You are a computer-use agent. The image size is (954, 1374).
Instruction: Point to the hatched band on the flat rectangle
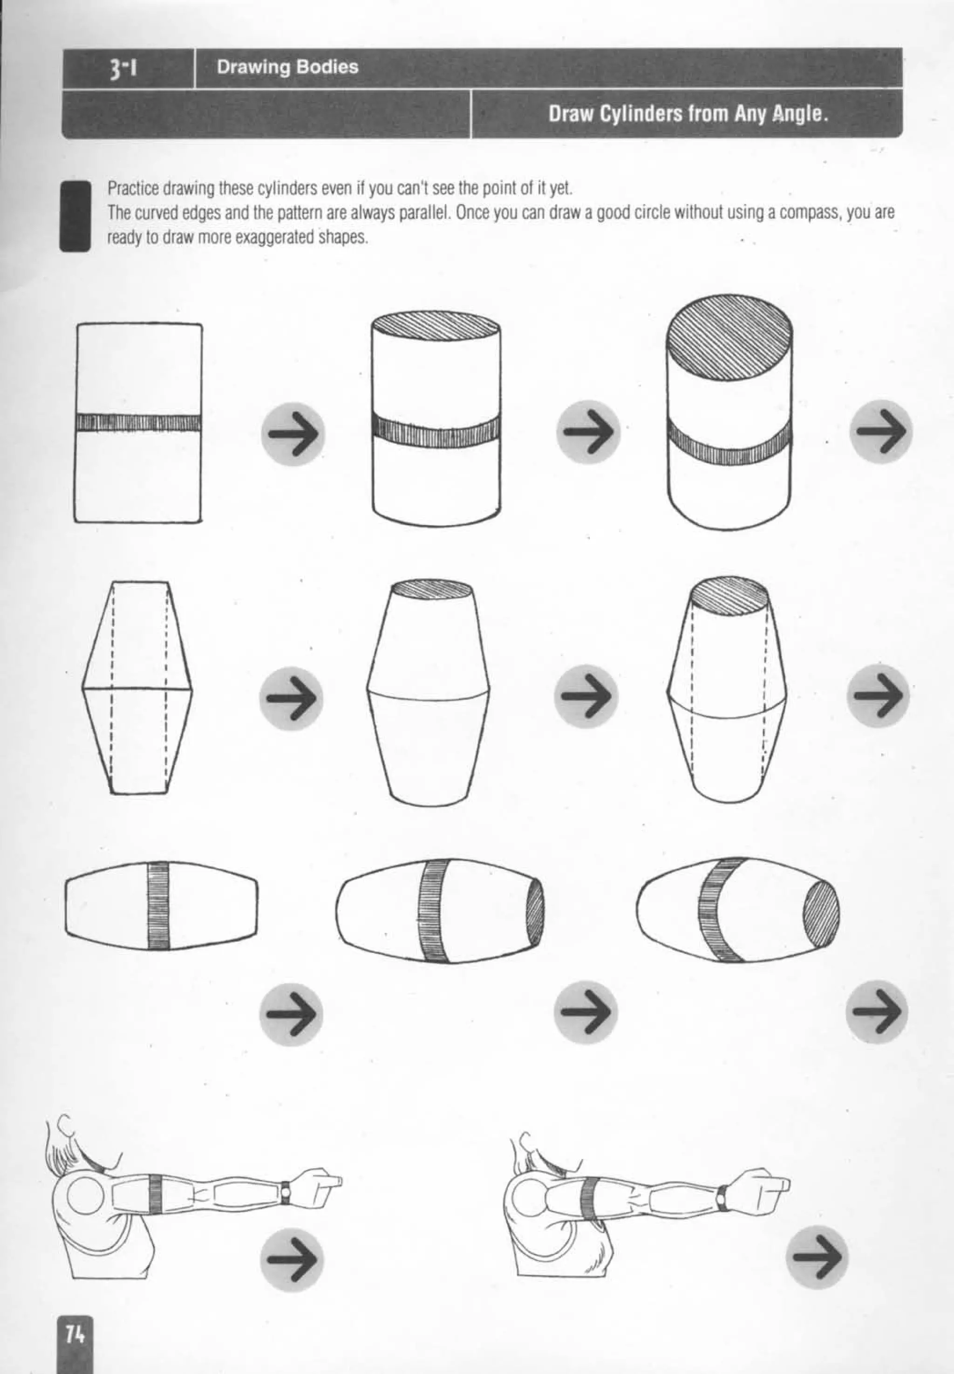pos(139,422)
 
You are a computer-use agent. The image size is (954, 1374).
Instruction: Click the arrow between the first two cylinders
pos(292,433)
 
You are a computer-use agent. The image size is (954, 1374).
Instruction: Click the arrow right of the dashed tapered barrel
pos(878,695)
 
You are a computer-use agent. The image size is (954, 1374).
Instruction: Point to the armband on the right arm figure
pos(591,1199)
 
